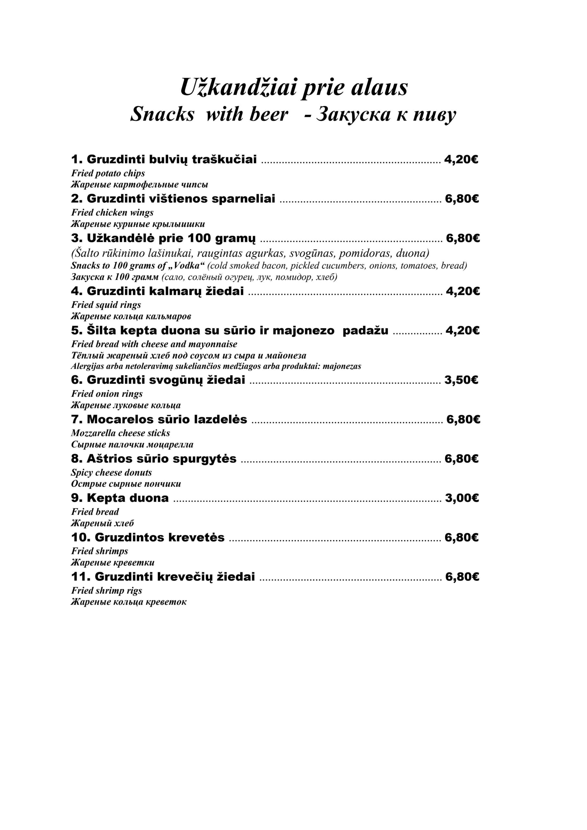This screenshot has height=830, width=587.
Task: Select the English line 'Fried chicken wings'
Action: click(x=112, y=213)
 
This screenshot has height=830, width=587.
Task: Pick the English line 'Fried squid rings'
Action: click(x=106, y=305)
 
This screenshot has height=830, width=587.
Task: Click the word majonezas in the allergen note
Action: click(x=342, y=366)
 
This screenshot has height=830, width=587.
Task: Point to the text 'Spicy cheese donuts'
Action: click(x=111, y=472)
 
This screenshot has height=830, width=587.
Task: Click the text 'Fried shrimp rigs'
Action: click(x=107, y=591)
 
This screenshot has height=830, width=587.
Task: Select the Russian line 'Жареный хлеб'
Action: click(x=102, y=523)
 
